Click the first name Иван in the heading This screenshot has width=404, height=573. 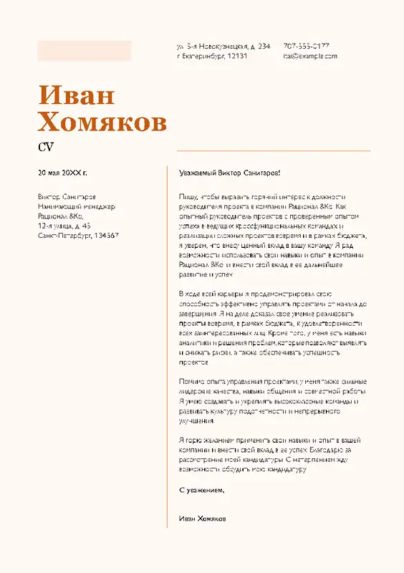(x=76, y=95)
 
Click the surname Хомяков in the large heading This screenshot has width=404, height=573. (x=102, y=122)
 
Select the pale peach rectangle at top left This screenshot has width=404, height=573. (x=85, y=50)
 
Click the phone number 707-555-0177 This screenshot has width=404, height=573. (x=306, y=45)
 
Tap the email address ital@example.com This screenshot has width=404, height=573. (x=309, y=55)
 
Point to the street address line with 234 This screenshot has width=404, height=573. (x=223, y=45)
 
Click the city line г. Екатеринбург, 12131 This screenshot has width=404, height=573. (x=212, y=55)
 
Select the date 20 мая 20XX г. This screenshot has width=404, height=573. (x=63, y=173)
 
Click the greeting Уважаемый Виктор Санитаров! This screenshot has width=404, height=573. (x=229, y=173)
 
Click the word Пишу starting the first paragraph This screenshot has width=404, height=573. (x=186, y=196)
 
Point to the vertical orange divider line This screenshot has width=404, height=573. (x=167, y=344)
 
